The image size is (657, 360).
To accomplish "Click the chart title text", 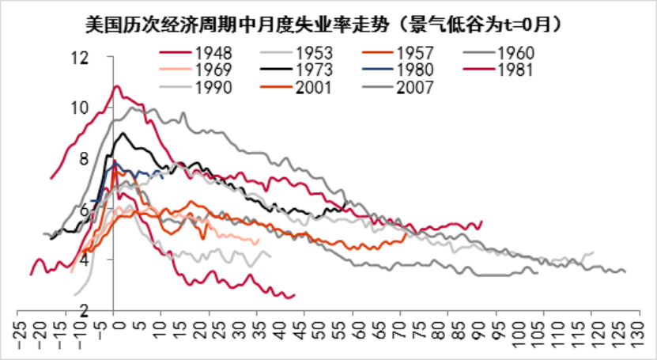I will [328, 24].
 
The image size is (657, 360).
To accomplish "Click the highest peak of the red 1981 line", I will [117, 85].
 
